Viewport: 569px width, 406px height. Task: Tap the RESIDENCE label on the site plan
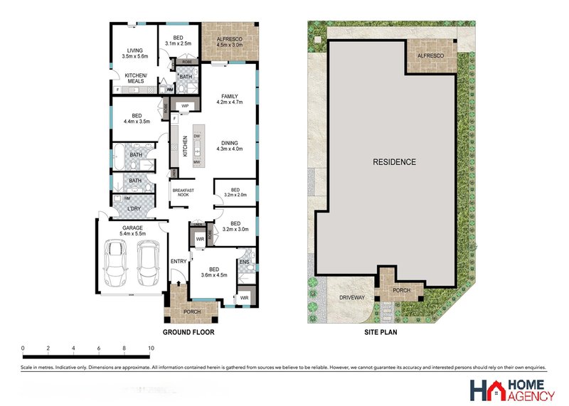coord(394,161)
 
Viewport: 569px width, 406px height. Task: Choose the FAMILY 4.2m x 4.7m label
coord(229,99)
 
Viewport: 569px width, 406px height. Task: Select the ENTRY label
coord(179,262)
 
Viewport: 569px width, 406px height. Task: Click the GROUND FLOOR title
coord(188,332)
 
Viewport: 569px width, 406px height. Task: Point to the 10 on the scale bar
coord(150,348)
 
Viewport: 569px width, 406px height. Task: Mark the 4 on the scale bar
coord(74,348)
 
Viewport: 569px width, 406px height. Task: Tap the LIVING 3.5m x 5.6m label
coord(135,51)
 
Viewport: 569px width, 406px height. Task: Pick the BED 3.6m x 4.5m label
coord(214,272)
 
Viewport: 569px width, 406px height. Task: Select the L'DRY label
coord(133,208)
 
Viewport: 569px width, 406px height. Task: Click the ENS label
coord(245,262)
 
